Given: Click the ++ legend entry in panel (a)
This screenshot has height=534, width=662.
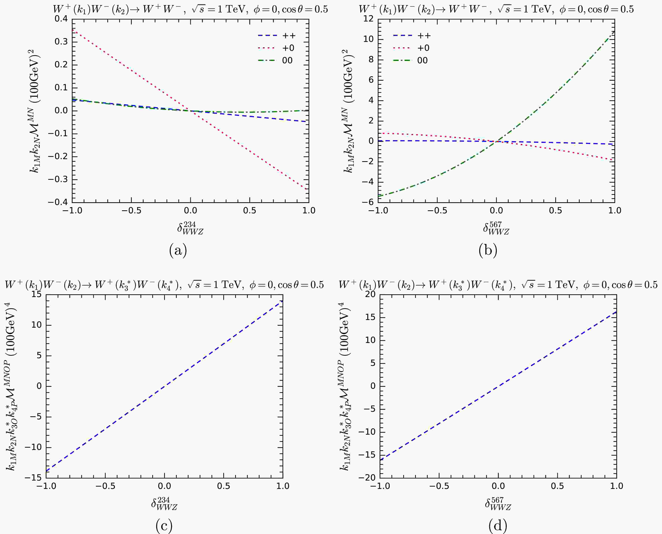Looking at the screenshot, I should [289, 36].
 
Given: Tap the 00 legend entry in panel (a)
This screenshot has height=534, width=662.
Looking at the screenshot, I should [287, 60].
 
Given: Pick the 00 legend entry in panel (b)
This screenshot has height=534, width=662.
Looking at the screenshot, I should [422, 60].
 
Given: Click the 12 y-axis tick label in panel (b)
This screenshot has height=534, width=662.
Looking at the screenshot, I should [368, 19].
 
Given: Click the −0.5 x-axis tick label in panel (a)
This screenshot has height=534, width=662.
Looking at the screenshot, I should [131, 211].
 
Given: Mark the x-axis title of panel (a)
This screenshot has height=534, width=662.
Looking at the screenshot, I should [190, 228].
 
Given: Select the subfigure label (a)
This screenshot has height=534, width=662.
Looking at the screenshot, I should [178, 250].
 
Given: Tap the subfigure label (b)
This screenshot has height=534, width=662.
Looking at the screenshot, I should [488, 250].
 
